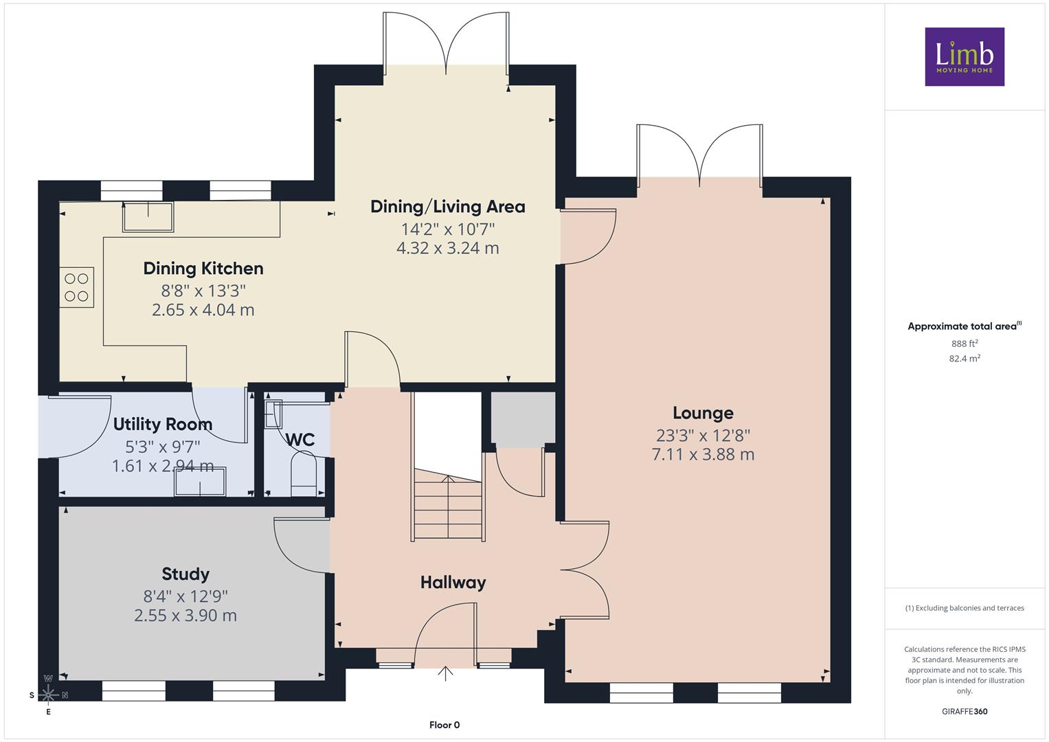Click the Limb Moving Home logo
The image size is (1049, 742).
965,56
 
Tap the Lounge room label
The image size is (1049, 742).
703,413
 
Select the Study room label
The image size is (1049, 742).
185,574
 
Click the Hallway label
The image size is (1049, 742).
453,583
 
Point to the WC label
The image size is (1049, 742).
300,440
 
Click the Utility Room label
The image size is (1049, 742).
163,425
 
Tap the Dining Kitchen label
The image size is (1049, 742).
203,269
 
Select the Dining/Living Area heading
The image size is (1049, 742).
448,207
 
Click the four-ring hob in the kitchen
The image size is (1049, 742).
76,287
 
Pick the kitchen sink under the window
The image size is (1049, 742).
148,217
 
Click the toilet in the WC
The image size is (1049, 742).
304,473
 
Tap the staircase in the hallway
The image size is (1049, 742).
448,505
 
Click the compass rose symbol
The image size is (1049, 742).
48,695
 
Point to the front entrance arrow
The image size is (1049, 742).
445,673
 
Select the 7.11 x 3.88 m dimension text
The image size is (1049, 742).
703,454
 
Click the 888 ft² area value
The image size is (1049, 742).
965,344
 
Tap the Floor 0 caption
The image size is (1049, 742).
444,725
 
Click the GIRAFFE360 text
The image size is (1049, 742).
965,711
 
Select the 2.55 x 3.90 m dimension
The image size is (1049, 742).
185,616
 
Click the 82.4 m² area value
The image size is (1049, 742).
965,359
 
